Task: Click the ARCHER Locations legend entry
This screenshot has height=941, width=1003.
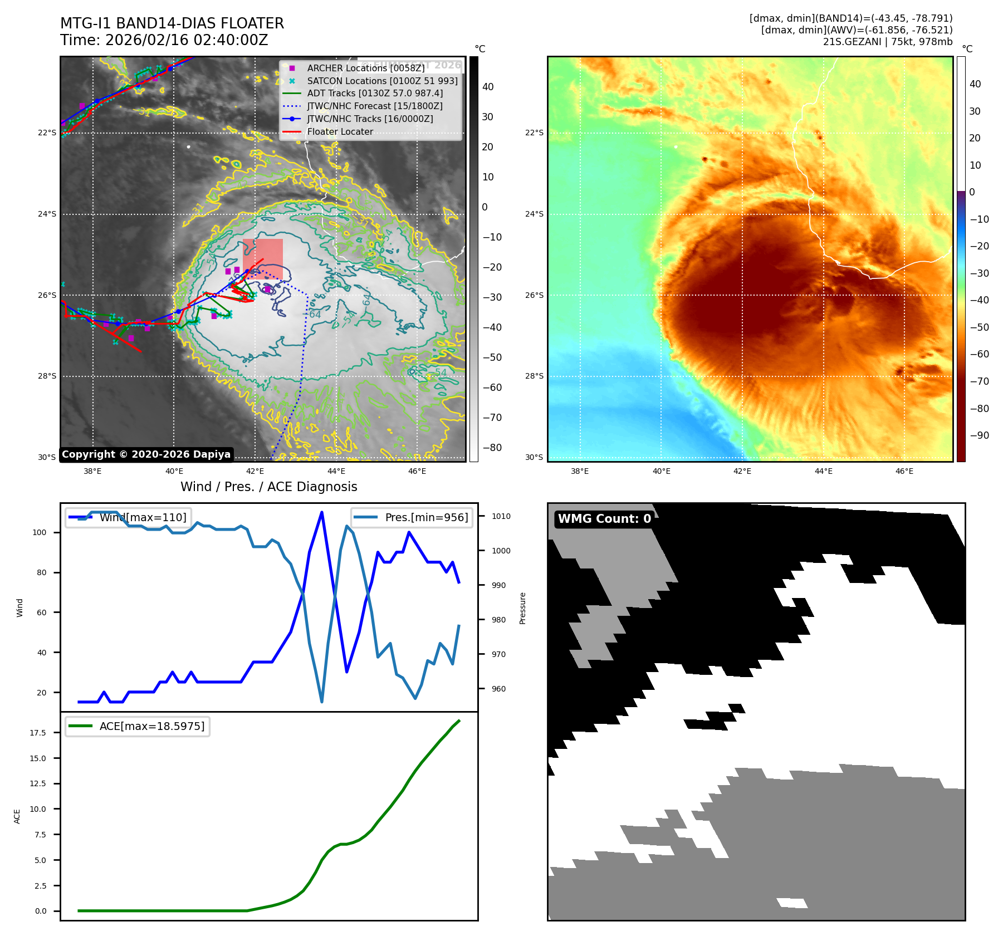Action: coord(365,68)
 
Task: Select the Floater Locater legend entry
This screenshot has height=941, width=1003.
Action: coord(340,132)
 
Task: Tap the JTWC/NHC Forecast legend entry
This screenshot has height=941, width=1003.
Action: coord(375,106)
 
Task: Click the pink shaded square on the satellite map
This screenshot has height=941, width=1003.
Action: coord(263,259)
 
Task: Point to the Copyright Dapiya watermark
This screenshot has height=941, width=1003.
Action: coord(146,454)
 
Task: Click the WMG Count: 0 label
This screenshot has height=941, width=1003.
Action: coord(604,519)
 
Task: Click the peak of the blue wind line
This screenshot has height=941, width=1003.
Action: coord(322,512)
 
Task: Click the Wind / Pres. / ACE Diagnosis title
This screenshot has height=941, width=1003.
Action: coord(268,487)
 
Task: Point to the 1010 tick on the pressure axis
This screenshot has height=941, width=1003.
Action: coord(501,516)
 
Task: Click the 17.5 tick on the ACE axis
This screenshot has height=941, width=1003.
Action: coord(38,733)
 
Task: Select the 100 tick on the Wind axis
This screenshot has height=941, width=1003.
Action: coord(40,532)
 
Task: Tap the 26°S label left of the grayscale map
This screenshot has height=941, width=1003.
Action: coord(47,295)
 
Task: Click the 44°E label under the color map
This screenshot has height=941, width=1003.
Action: coord(823,471)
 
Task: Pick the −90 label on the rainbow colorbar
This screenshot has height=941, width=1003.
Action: coord(979,435)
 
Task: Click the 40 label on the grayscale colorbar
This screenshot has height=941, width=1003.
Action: coord(488,87)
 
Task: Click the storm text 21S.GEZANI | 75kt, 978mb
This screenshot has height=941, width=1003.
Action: coord(887,42)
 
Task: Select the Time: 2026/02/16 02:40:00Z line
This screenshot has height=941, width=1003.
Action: coord(164,40)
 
